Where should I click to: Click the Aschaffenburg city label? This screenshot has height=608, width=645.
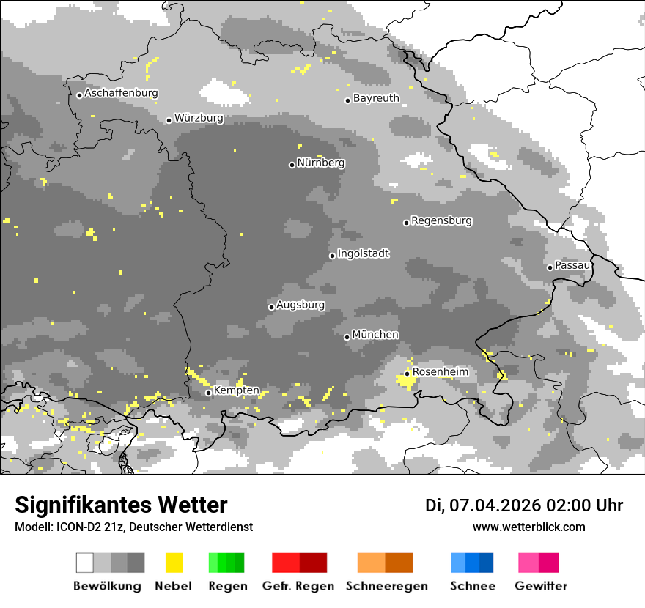pos(121,94)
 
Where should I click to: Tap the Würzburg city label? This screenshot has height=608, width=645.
pos(199,118)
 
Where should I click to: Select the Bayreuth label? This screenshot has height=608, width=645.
pos(376,98)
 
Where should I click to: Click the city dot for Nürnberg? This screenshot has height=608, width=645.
pos(292,165)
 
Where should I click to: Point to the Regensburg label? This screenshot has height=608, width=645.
pos(441,220)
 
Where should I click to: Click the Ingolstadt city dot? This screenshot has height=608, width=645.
pos(332,256)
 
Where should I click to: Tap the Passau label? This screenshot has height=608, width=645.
pos(572,265)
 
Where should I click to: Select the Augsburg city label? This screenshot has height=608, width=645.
pos(301,305)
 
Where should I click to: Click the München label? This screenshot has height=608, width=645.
pos(375,335)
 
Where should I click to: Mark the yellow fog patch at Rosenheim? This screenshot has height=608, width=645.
pos(404,380)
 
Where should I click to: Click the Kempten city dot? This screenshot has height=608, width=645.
pos(208,393)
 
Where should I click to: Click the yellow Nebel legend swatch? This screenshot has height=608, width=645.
pos(174,563)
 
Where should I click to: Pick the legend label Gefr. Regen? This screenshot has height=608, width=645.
pos(298,586)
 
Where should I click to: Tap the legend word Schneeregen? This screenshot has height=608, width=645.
pos(386,586)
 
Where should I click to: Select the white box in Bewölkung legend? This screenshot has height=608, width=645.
pos(84,563)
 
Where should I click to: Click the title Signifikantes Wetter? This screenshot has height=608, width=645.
pos(121,505)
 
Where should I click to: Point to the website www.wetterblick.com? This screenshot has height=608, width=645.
pos(528,527)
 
